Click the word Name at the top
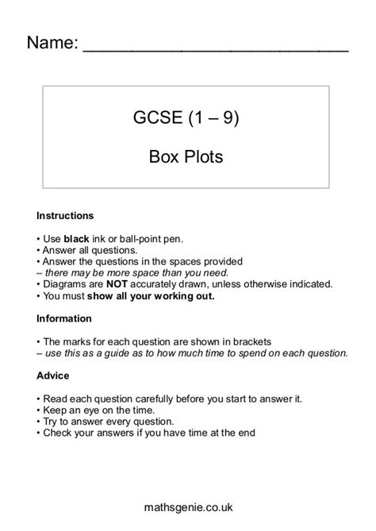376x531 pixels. coord(52,43)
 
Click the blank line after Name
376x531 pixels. coord(215,49)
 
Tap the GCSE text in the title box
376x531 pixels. coord(157,119)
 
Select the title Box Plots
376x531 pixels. coord(186,156)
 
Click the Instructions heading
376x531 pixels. coord(65,216)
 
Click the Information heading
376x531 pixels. coord(64,318)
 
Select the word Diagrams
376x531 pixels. coord(64,283)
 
